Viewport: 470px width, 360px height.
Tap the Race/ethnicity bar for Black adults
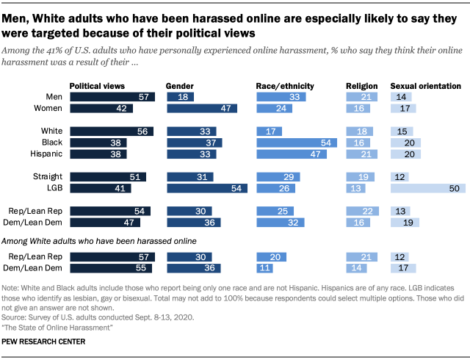coord(297,143)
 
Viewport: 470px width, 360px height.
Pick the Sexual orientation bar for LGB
coord(426,188)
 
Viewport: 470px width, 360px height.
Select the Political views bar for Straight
coord(107,176)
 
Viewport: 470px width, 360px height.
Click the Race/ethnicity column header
coord(285,86)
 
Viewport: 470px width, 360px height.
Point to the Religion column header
coord(361,86)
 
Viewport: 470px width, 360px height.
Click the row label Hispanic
coord(46,154)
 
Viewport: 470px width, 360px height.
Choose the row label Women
coord(48,108)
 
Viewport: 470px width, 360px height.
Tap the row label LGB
coord(54,188)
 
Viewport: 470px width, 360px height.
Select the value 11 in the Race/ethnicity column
coord(261,268)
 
